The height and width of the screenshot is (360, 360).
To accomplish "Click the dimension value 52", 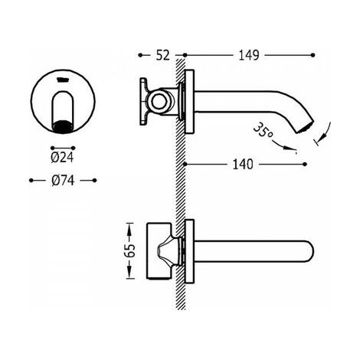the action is pos(162,55).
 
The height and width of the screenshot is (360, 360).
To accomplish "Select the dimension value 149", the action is pos(249,55).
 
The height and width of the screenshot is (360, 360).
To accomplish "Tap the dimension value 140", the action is pos(243,164).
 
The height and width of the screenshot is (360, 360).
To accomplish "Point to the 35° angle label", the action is pos(263,131).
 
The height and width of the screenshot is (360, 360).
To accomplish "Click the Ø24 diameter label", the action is pos(62,158).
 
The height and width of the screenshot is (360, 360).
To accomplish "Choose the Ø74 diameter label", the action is pos(63,181).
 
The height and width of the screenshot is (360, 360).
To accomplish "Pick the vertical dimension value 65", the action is pos(130,251).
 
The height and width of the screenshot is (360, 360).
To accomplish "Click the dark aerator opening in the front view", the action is pos(62,126).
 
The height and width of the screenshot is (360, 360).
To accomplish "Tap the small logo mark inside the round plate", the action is pos(63,80).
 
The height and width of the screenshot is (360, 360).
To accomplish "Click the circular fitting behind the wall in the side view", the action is pos(159,100).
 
